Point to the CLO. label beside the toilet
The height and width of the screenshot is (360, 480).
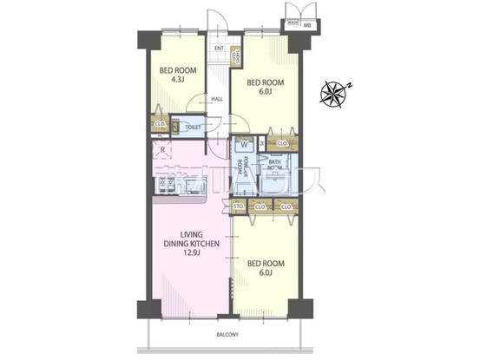[160, 125]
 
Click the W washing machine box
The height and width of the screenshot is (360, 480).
[244, 144]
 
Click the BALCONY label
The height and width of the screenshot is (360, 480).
[227, 334]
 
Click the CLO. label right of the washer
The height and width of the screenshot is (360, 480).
[282, 142]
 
